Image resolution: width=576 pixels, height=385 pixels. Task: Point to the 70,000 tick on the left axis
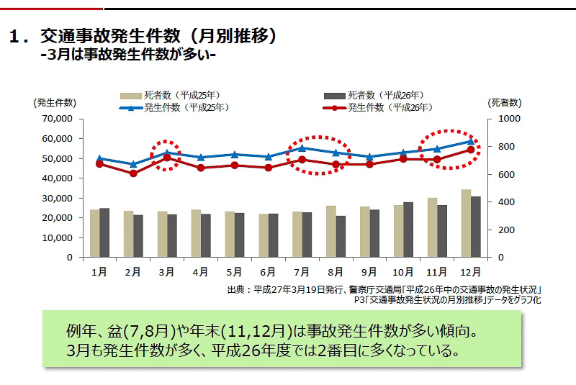(58, 119)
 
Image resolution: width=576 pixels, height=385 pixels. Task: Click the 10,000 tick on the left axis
(58, 237)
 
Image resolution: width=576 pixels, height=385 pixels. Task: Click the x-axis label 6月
(268, 272)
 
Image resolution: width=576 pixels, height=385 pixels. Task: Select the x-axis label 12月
(470, 272)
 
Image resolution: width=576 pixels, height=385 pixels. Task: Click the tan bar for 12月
(466, 223)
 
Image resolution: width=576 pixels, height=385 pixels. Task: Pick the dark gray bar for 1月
(104, 232)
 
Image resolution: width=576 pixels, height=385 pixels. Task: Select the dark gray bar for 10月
(408, 230)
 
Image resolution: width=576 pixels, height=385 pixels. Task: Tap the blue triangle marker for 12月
(470, 142)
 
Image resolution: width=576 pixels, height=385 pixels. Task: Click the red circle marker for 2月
(133, 173)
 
